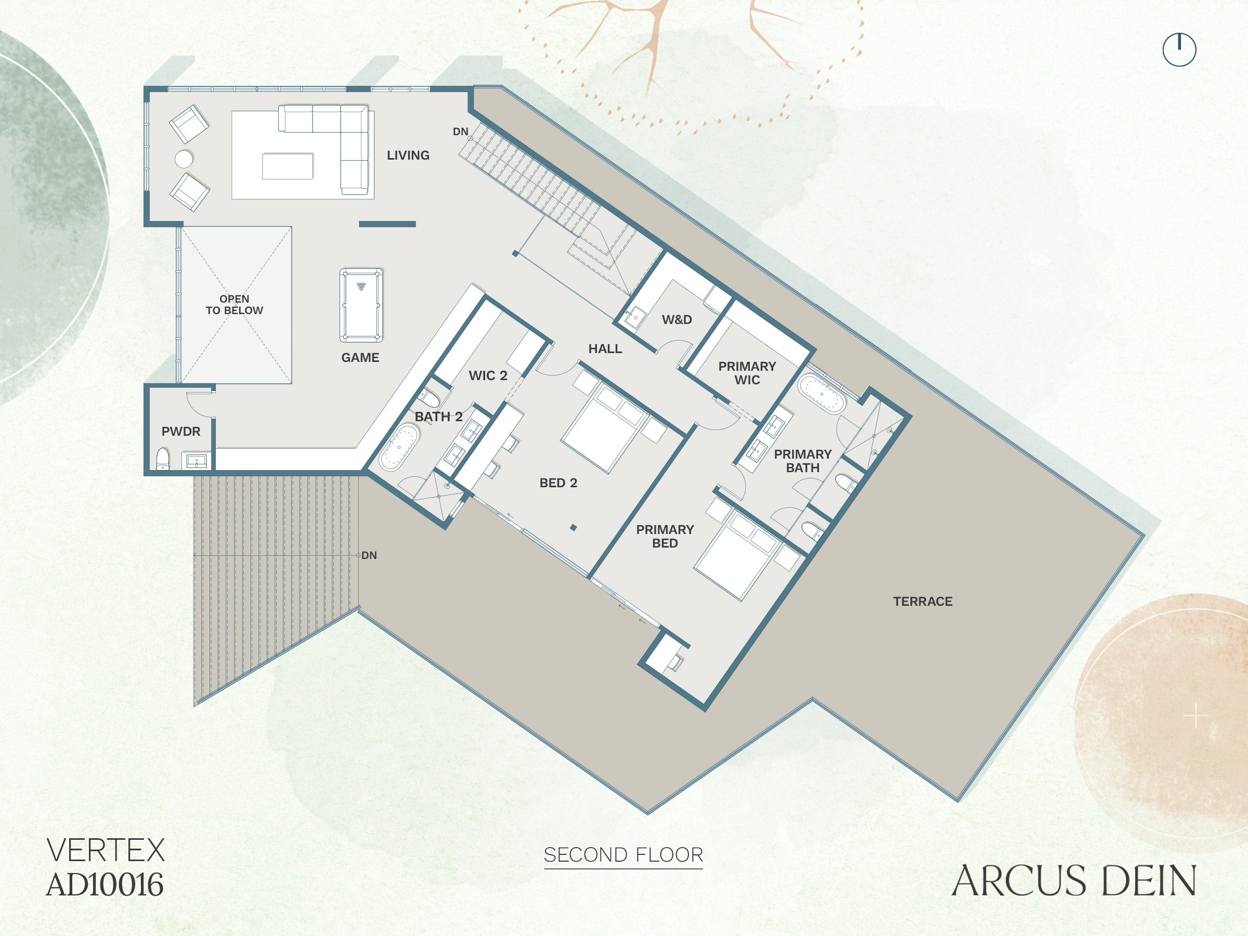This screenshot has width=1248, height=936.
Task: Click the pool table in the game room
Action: point(361,305)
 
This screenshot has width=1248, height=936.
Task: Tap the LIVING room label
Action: point(408,155)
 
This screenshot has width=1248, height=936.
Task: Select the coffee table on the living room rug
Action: point(287,166)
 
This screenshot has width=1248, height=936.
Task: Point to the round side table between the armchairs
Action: point(184,159)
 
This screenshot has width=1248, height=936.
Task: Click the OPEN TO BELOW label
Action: point(234,305)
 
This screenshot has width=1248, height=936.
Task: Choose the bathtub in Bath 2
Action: point(399,447)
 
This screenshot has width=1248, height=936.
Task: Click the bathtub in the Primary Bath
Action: point(822,393)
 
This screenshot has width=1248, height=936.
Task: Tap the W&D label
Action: point(677,320)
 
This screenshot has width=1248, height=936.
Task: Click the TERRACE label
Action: point(922,602)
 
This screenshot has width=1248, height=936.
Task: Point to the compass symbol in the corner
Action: point(1179,49)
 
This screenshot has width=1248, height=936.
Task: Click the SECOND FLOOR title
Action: point(623,855)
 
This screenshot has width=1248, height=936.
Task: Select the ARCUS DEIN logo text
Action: point(1074,881)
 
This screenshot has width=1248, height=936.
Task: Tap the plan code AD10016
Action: point(105,885)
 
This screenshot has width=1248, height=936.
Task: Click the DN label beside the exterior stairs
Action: point(369,555)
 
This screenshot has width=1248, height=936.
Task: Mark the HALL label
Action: point(605,349)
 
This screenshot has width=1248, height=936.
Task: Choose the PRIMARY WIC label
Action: point(747,373)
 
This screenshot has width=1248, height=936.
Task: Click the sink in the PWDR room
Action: point(197,461)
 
